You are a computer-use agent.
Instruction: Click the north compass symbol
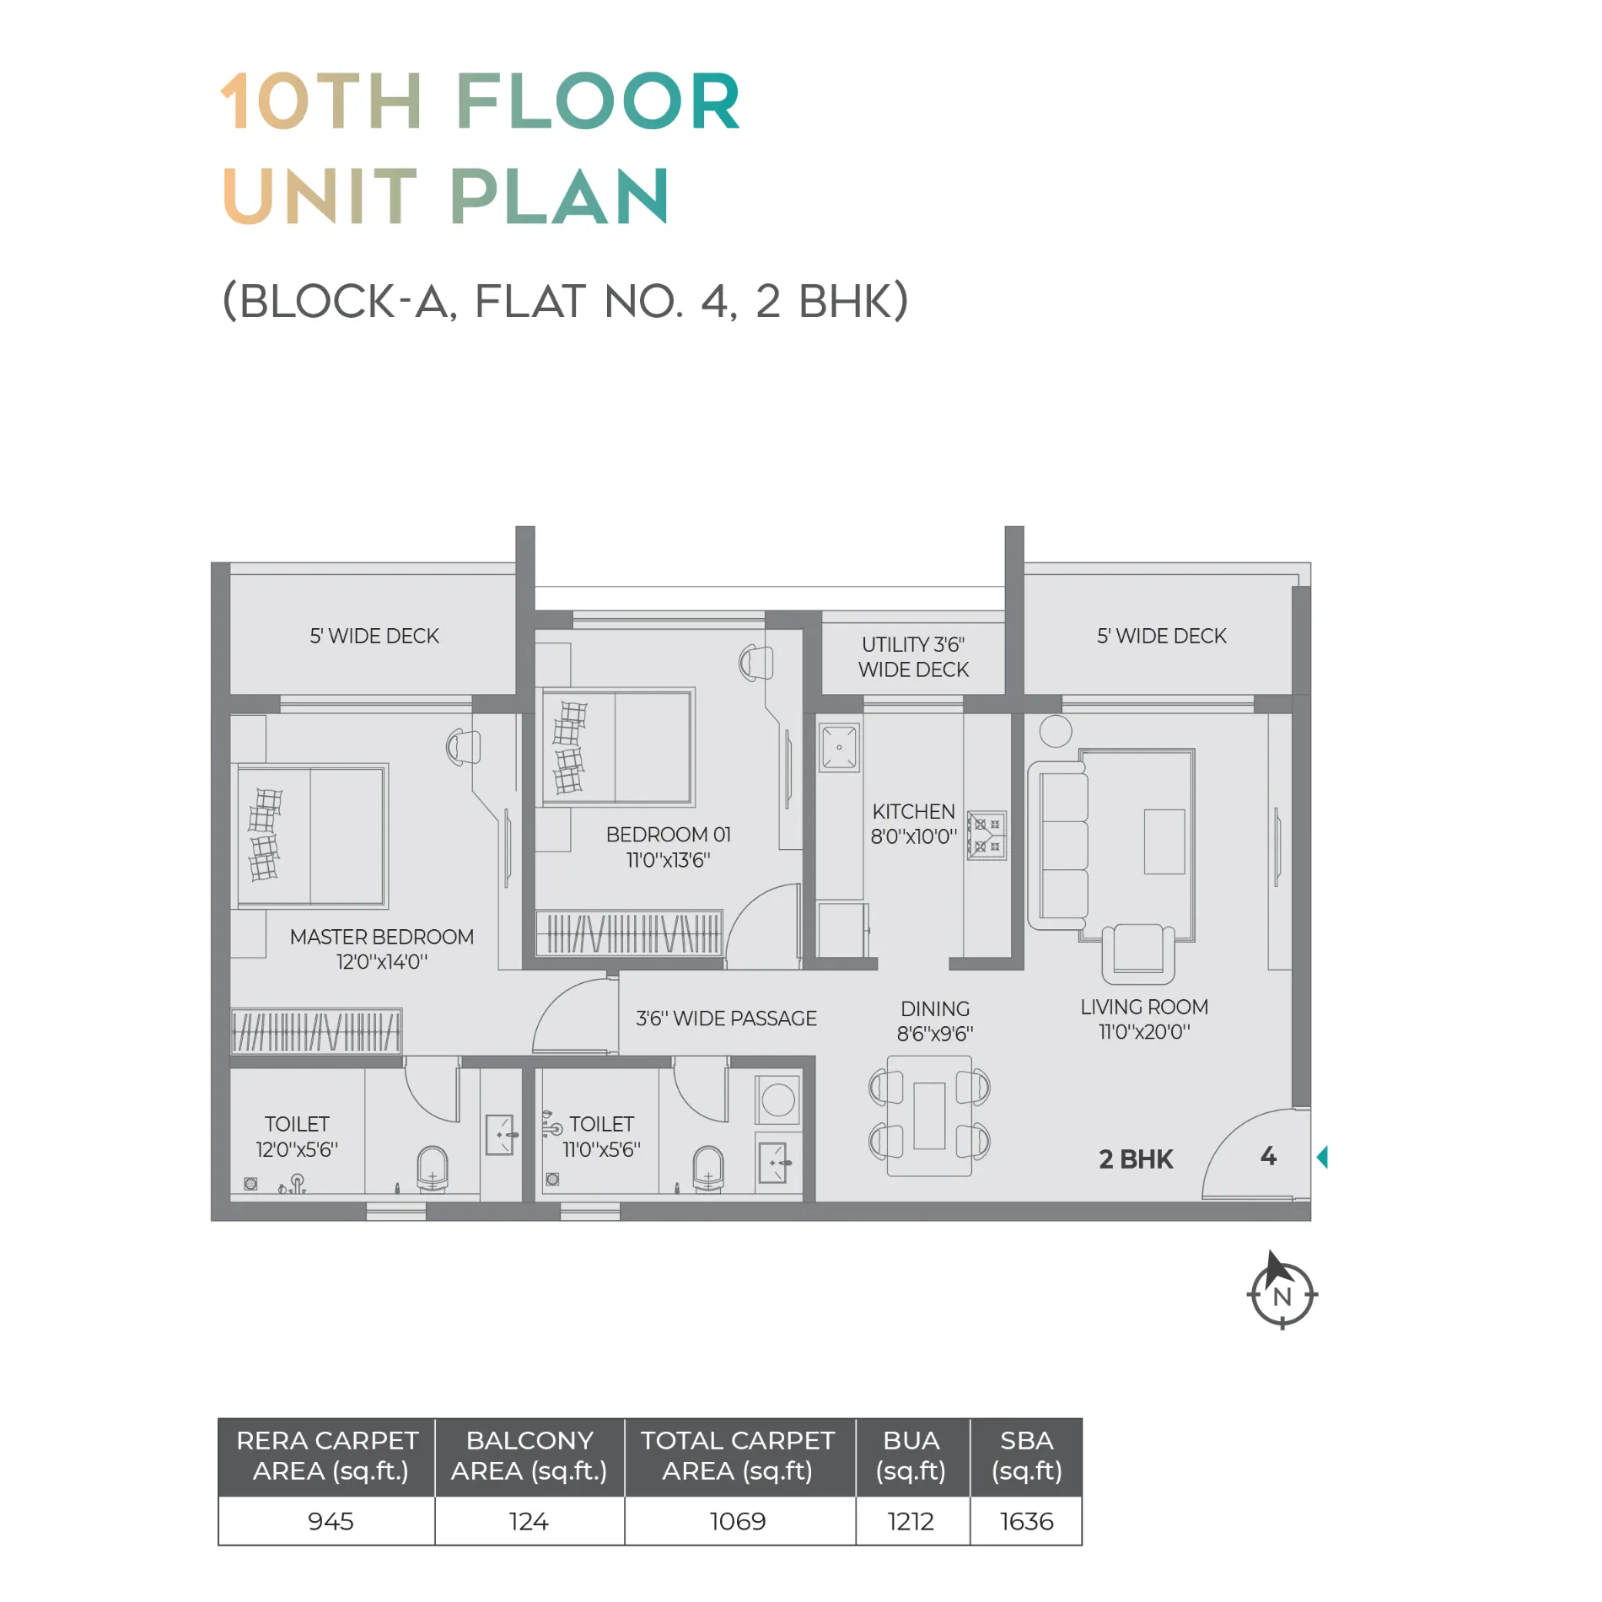[x=1282, y=1293]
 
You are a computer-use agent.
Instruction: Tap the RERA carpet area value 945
[x=331, y=1521]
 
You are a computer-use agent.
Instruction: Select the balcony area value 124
[x=529, y=1521]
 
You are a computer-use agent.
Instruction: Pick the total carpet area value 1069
[x=738, y=1521]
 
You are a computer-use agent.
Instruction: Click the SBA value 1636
[x=1026, y=1521]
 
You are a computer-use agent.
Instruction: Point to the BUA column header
[x=911, y=1456]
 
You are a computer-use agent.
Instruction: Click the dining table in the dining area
[x=929, y=1115]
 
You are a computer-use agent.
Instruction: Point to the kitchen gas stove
[x=986, y=835]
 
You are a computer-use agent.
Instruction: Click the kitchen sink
[x=840, y=747]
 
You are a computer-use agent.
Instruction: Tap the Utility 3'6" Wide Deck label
[x=914, y=657]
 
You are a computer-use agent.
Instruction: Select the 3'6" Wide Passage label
[x=726, y=1019]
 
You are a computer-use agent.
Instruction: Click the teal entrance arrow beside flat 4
[x=1322, y=1157]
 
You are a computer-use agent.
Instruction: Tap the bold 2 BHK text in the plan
[x=1136, y=1159]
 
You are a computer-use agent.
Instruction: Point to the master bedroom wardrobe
[x=316, y=1031]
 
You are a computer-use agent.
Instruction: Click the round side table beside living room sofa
[x=1056, y=731]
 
